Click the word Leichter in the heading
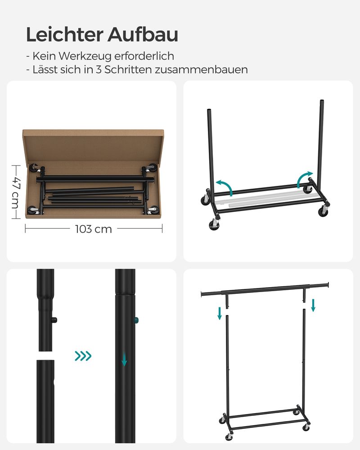(x=65, y=35)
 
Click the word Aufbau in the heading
(x=143, y=35)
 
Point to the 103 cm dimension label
(x=94, y=229)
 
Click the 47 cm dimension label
(x=16, y=192)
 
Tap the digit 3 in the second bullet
(x=99, y=69)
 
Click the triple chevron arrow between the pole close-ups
(x=83, y=356)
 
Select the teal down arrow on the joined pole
(x=124, y=359)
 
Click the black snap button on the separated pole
(x=54, y=320)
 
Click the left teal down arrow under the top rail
(x=220, y=313)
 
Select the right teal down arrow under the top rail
(x=313, y=306)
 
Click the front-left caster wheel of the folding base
(x=215, y=225)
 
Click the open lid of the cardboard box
(x=94, y=146)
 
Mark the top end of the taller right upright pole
(x=322, y=101)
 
